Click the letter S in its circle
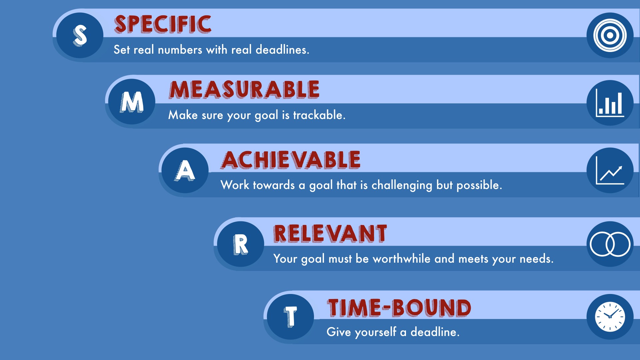click(x=80, y=35)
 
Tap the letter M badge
click(x=132, y=102)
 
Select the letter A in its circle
click(x=185, y=170)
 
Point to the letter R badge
click(x=240, y=244)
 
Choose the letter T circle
click(x=290, y=317)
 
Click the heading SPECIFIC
click(x=163, y=24)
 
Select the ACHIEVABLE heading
click(x=291, y=160)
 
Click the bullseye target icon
click(x=610, y=35)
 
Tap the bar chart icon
click(x=610, y=103)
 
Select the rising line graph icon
click(x=610, y=170)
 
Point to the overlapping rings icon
click(x=610, y=244)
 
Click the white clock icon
click(x=610, y=317)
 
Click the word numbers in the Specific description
click(x=180, y=50)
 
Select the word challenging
click(x=402, y=185)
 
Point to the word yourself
click(x=376, y=332)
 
